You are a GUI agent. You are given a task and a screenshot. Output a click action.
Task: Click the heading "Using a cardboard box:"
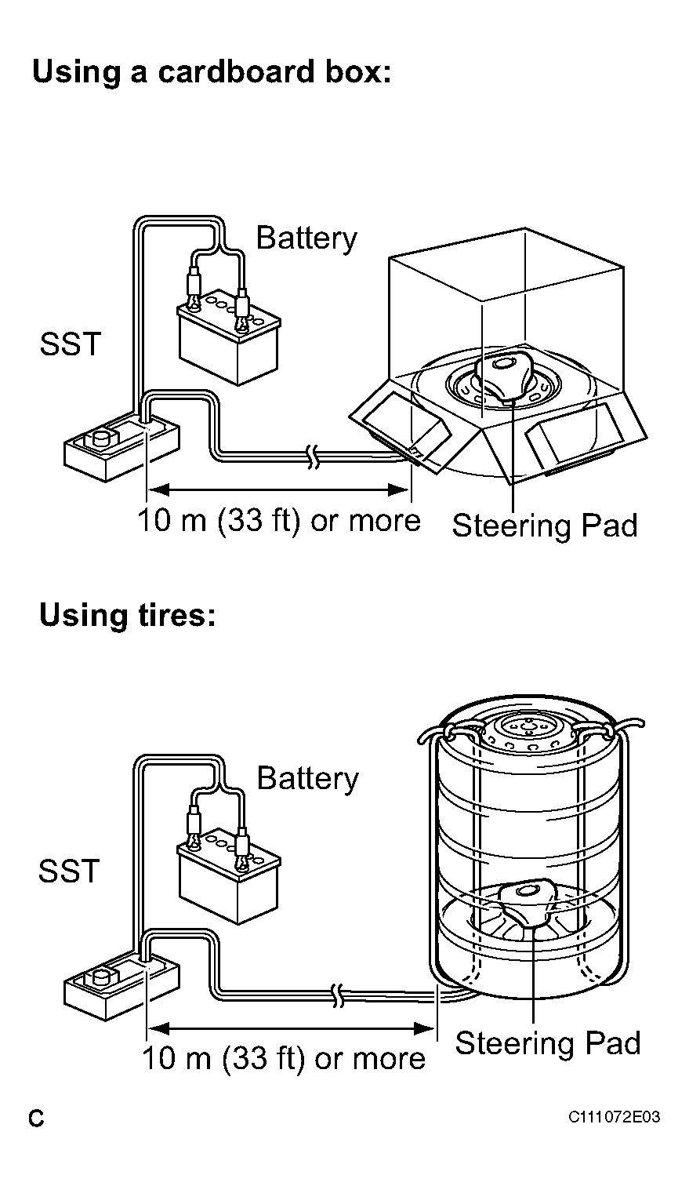(x=212, y=72)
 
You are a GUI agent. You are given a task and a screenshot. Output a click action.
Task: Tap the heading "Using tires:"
(x=128, y=615)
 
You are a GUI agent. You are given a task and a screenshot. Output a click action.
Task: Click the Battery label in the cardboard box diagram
(x=306, y=238)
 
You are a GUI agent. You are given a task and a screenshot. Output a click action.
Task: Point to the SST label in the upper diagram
(x=71, y=344)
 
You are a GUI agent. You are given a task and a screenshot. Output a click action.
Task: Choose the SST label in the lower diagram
(x=69, y=871)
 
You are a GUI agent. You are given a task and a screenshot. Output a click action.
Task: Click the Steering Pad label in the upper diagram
(x=545, y=526)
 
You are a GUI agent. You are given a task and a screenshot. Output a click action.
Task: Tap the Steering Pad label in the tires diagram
(x=548, y=1042)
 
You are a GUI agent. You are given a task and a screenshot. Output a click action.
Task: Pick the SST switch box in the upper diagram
(x=121, y=447)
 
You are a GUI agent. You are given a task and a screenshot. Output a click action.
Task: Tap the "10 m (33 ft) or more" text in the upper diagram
(x=279, y=521)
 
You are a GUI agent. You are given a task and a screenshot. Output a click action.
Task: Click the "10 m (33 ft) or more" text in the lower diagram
(x=284, y=1058)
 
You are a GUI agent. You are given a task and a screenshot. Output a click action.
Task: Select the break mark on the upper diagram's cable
(x=313, y=457)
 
